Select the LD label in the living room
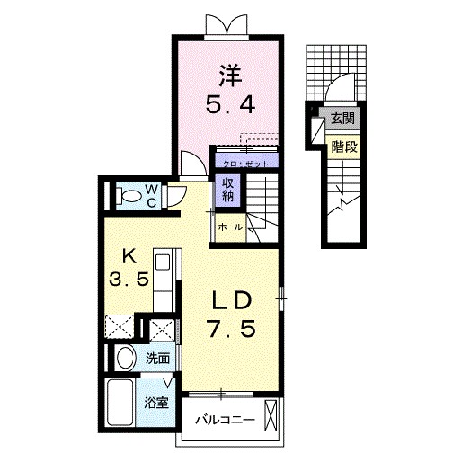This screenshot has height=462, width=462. coord(231,300)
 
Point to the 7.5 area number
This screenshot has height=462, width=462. coord(232,328)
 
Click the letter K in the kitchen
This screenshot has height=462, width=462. coord(129,256)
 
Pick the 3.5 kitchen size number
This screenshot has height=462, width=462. coord(129,279)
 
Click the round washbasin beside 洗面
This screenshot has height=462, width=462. coord(126,358)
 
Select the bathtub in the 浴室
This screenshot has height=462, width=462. coord(120,402)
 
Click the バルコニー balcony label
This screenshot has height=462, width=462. coord(225,420)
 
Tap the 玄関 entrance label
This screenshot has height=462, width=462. coord(342,119)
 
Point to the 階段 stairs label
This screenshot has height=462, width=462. coord(344,147)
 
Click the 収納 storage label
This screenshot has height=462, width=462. coord(227,190)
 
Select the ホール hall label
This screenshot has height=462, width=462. coord(230,227)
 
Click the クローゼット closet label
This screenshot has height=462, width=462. coord(245,164)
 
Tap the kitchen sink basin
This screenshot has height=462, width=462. coord(163,262)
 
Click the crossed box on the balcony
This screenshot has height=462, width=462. coord(271,415)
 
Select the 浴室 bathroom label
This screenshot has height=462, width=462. coord(156,403)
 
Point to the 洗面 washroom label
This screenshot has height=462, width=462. coord(158,359)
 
